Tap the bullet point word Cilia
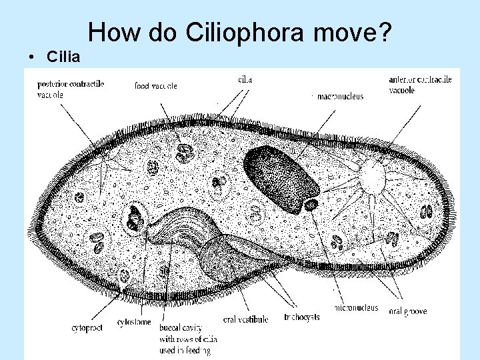[63, 57]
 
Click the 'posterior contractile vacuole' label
[70, 89]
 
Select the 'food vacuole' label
[155, 86]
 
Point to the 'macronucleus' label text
[340, 96]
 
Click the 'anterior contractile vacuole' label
[420, 85]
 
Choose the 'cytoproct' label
[87, 327]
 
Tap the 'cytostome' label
[132, 323]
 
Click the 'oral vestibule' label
[245, 319]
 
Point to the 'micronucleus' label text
[356, 309]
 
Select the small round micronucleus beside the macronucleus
[311, 205]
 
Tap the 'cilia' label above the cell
[245, 80]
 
